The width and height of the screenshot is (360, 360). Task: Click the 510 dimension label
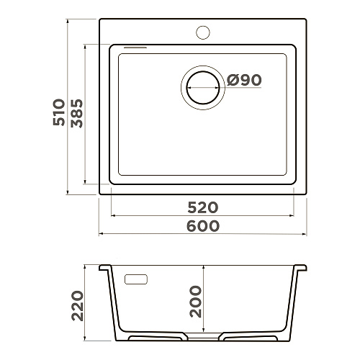pyautogui.click(x=59, y=112)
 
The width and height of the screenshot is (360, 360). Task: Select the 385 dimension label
pyautogui.click(x=77, y=113)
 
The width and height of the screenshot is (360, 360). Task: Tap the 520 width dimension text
pyautogui.click(x=203, y=207)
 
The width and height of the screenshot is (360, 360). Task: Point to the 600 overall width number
pyautogui.click(x=203, y=226)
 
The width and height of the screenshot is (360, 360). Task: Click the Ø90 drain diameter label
pyautogui.click(x=244, y=80)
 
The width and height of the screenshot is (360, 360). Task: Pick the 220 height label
pyautogui.click(x=77, y=305)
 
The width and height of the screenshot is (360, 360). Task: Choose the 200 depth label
pyautogui.click(x=195, y=302)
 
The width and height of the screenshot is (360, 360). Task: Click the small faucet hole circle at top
pyautogui.click(x=203, y=32)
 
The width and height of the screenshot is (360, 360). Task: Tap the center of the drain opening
pyautogui.click(x=203, y=88)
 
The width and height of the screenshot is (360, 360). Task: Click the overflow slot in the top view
pyautogui.click(x=135, y=48)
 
